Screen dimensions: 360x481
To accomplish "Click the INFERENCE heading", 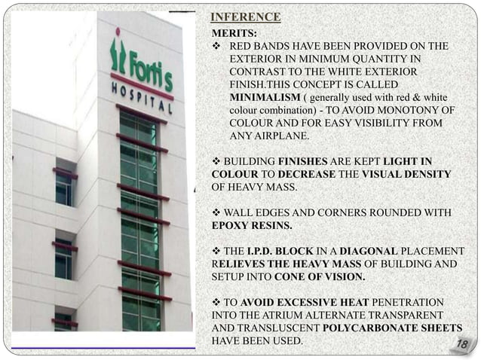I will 245,17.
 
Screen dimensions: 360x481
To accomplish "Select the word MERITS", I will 233,34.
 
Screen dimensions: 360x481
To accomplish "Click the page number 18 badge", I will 462,344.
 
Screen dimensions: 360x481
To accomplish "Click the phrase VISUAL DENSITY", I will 406,175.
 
